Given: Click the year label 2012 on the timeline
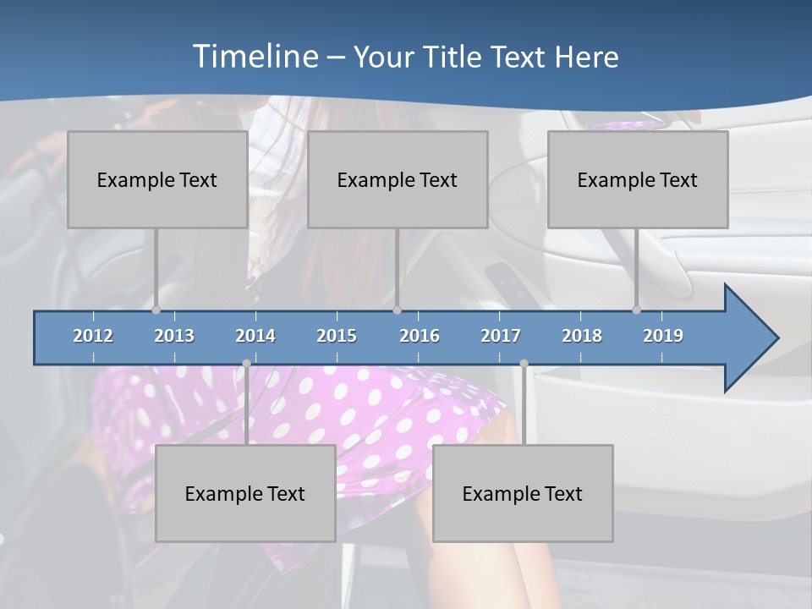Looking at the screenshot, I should [x=93, y=336].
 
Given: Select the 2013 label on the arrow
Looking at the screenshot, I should [x=174, y=336].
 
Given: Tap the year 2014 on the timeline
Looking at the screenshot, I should [x=255, y=336].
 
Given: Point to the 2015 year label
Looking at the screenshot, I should [x=337, y=336].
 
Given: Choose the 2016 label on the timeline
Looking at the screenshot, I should [x=420, y=336].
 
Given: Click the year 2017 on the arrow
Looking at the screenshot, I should [x=501, y=336].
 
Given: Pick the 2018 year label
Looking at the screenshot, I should [x=582, y=336].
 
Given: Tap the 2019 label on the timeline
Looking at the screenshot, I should [x=663, y=336].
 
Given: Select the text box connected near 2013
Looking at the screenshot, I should [x=157, y=179].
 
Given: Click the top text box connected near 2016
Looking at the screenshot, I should [x=398, y=179].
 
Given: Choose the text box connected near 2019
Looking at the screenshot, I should [x=638, y=179].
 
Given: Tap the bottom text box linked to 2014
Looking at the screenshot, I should [x=245, y=493].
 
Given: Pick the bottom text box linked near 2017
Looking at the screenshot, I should [x=523, y=493].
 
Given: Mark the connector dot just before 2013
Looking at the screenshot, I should [x=156, y=310].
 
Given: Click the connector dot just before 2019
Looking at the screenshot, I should [x=637, y=310].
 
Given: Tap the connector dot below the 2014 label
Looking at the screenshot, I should [x=246, y=364].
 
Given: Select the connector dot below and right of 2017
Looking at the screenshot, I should [x=524, y=364].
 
